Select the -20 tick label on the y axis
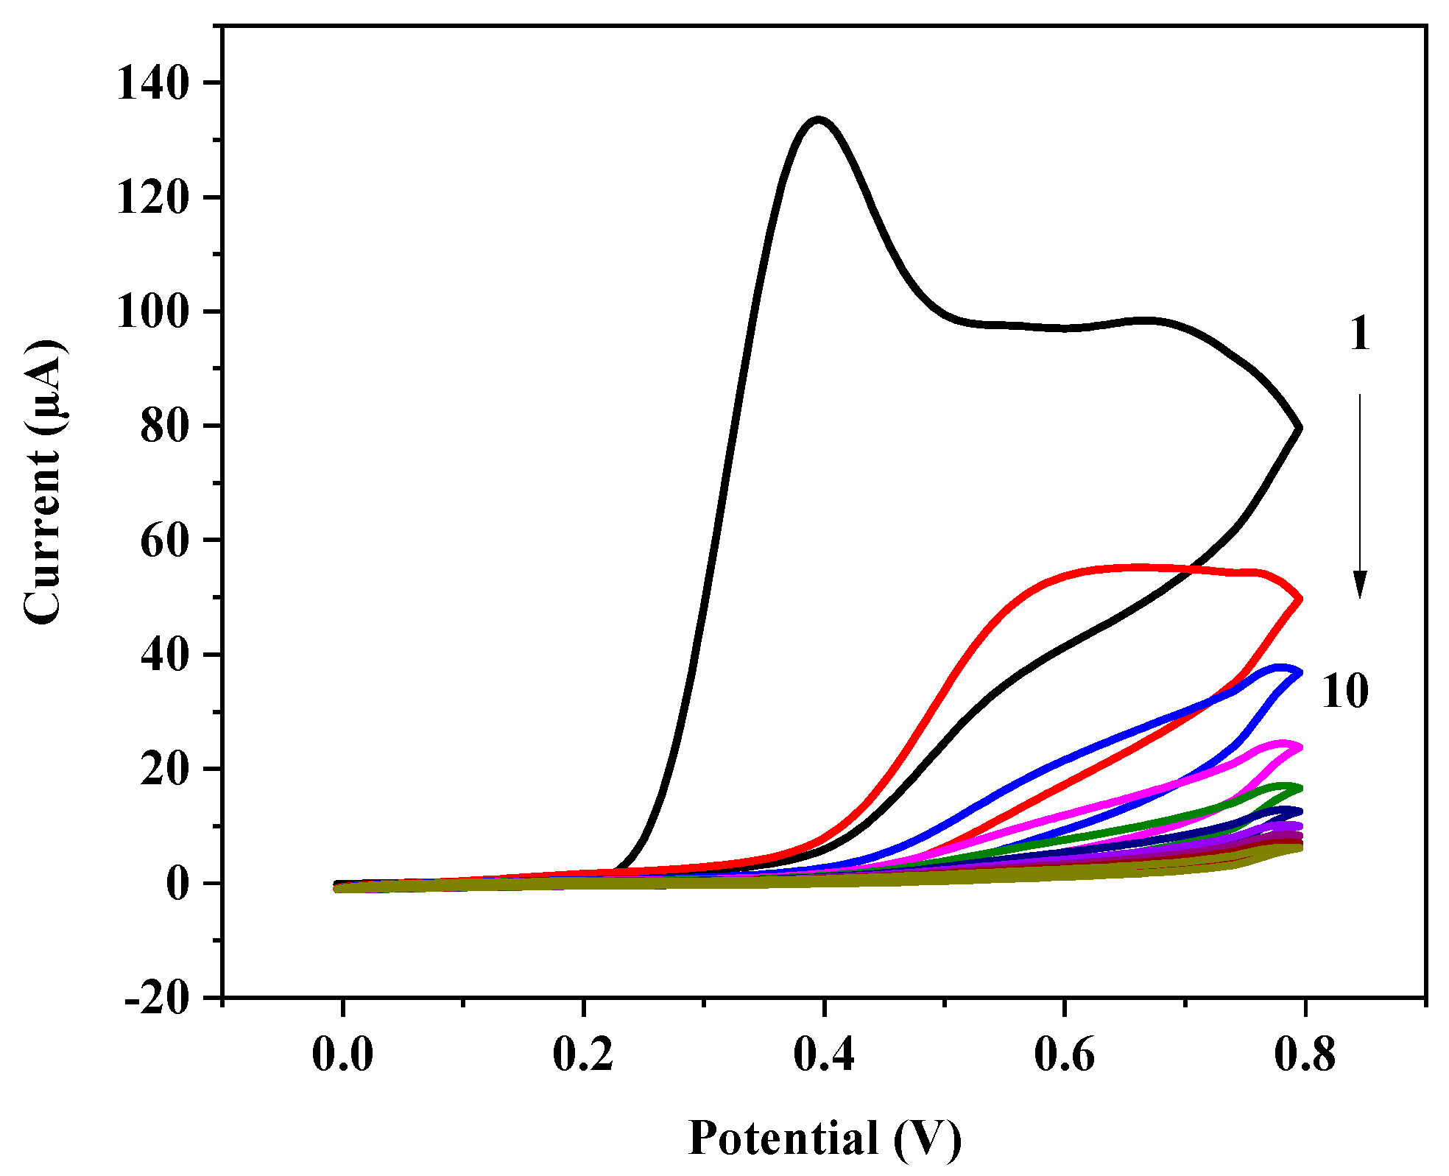[x=156, y=999]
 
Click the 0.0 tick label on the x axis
[x=342, y=1054]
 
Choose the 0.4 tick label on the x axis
[x=824, y=1054]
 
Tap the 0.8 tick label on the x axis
[x=1305, y=1054]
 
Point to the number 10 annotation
[x=1345, y=691]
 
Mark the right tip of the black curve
[x=1300, y=427]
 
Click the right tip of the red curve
[x=1300, y=599]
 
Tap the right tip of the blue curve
[x=1300, y=672]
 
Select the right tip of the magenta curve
[x=1300, y=747]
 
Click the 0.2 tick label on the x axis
[x=583, y=1054]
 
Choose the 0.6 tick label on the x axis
[x=1064, y=1054]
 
